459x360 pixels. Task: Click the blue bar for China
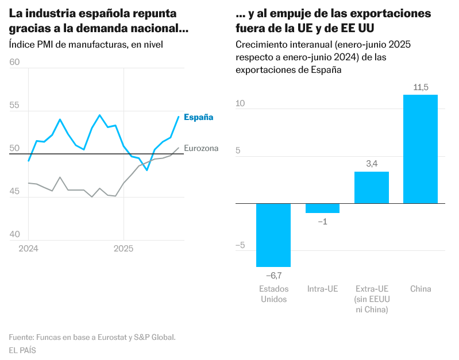(420, 149)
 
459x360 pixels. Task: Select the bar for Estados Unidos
(273, 235)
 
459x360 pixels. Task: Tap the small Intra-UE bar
(322, 208)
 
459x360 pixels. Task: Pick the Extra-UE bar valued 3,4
(371, 187)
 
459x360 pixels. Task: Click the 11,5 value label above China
(421, 87)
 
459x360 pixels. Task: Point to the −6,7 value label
(273, 276)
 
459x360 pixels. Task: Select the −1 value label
(322, 222)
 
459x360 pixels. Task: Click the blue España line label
(198, 117)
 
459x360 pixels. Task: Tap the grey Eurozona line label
(201, 148)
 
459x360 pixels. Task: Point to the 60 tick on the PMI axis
(15, 62)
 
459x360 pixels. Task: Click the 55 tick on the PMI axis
(15, 106)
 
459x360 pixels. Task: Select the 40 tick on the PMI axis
(15, 234)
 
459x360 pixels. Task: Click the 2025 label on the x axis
(124, 249)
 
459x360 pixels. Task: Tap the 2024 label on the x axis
(28, 249)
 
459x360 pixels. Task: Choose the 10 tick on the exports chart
(240, 103)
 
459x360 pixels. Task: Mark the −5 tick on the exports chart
(240, 245)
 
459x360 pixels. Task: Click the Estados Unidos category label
(273, 294)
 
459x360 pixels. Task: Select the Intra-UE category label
(322, 289)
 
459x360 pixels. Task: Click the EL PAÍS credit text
(22, 350)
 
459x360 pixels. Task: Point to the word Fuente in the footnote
(21, 337)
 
